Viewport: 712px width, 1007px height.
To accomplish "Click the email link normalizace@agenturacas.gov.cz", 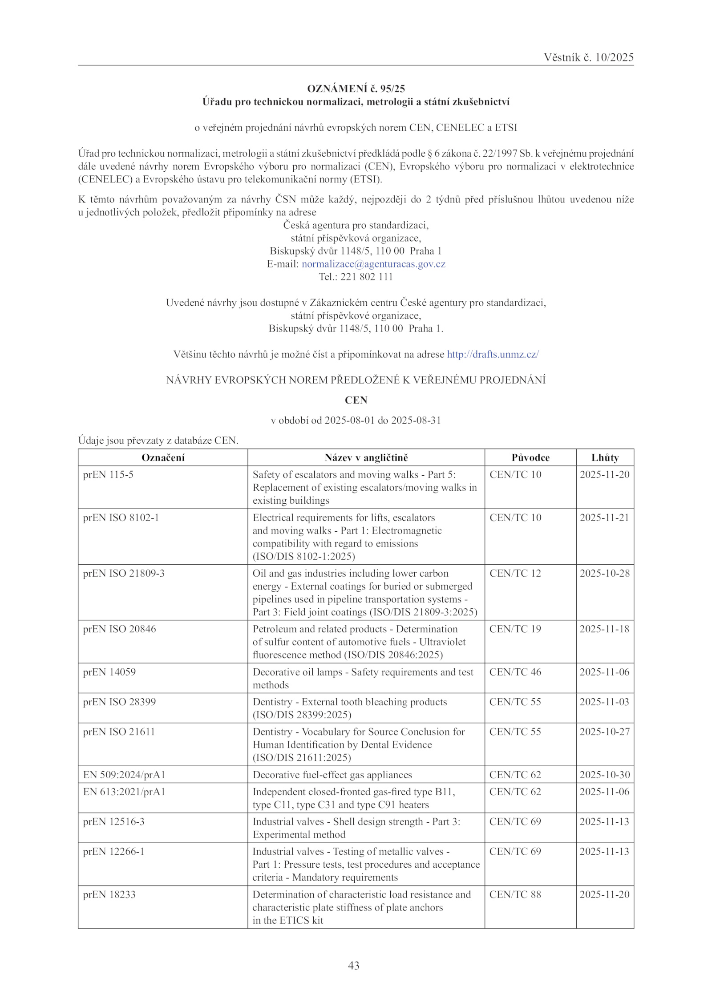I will click(x=373, y=264).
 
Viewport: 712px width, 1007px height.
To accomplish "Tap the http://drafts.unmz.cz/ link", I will click(x=493, y=354).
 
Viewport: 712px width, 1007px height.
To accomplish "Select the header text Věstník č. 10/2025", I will click(x=588, y=57).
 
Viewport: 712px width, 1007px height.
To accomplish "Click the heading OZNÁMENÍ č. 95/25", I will click(x=356, y=89).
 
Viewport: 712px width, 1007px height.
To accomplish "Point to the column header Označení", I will click(x=163, y=457).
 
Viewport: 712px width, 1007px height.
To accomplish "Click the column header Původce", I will click(x=530, y=457).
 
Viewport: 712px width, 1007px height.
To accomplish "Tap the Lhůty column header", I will click(x=605, y=457).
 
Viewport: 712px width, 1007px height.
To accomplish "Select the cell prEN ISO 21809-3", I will click(x=124, y=573).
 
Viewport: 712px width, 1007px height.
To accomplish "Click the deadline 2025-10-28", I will click(x=604, y=573).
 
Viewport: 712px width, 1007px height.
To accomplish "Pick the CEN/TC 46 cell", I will click(x=515, y=672).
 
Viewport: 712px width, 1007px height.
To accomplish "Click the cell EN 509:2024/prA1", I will click(x=124, y=775).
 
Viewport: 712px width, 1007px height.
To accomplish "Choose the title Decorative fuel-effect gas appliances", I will click(x=332, y=775).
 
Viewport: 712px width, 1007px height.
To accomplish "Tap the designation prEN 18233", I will click(x=109, y=894).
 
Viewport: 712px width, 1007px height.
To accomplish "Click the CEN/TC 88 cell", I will click(x=515, y=894).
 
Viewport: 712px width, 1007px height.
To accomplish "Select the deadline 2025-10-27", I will click(x=604, y=732).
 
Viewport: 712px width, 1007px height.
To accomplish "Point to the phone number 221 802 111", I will click(x=367, y=277).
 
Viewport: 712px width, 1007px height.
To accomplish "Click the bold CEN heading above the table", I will click(x=356, y=400).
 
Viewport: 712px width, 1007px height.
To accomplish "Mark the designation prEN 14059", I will click(x=109, y=672).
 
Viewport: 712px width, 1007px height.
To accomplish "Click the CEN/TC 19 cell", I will click(x=515, y=629).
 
